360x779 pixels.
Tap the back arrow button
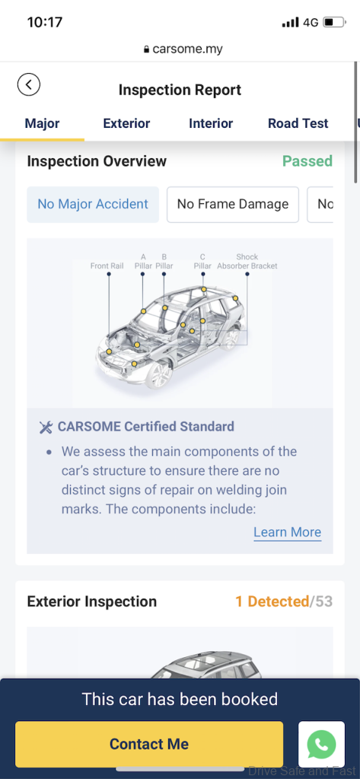click(x=29, y=84)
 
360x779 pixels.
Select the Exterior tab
click(x=126, y=124)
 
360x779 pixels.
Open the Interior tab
click(x=211, y=124)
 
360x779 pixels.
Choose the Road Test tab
click(x=298, y=124)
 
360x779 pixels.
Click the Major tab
click(x=43, y=124)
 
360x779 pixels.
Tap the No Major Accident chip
click(x=93, y=204)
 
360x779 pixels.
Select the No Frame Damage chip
click(x=233, y=204)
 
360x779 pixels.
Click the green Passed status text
click(x=307, y=161)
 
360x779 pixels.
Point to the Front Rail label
click(x=107, y=265)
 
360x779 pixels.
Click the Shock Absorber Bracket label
click(x=247, y=262)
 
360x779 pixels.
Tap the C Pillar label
click(x=203, y=262)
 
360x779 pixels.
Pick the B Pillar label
click(x=164, y=262)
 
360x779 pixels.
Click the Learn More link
click(x=288, y=532)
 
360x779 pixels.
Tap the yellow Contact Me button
click(x=149, y=744)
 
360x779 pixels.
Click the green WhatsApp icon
click(x=321, y=744)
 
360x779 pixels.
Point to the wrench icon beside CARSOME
click(x=46, y=428)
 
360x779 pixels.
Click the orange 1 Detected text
click(x=272, y=602)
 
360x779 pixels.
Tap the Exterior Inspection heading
click(x=92, y=602)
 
